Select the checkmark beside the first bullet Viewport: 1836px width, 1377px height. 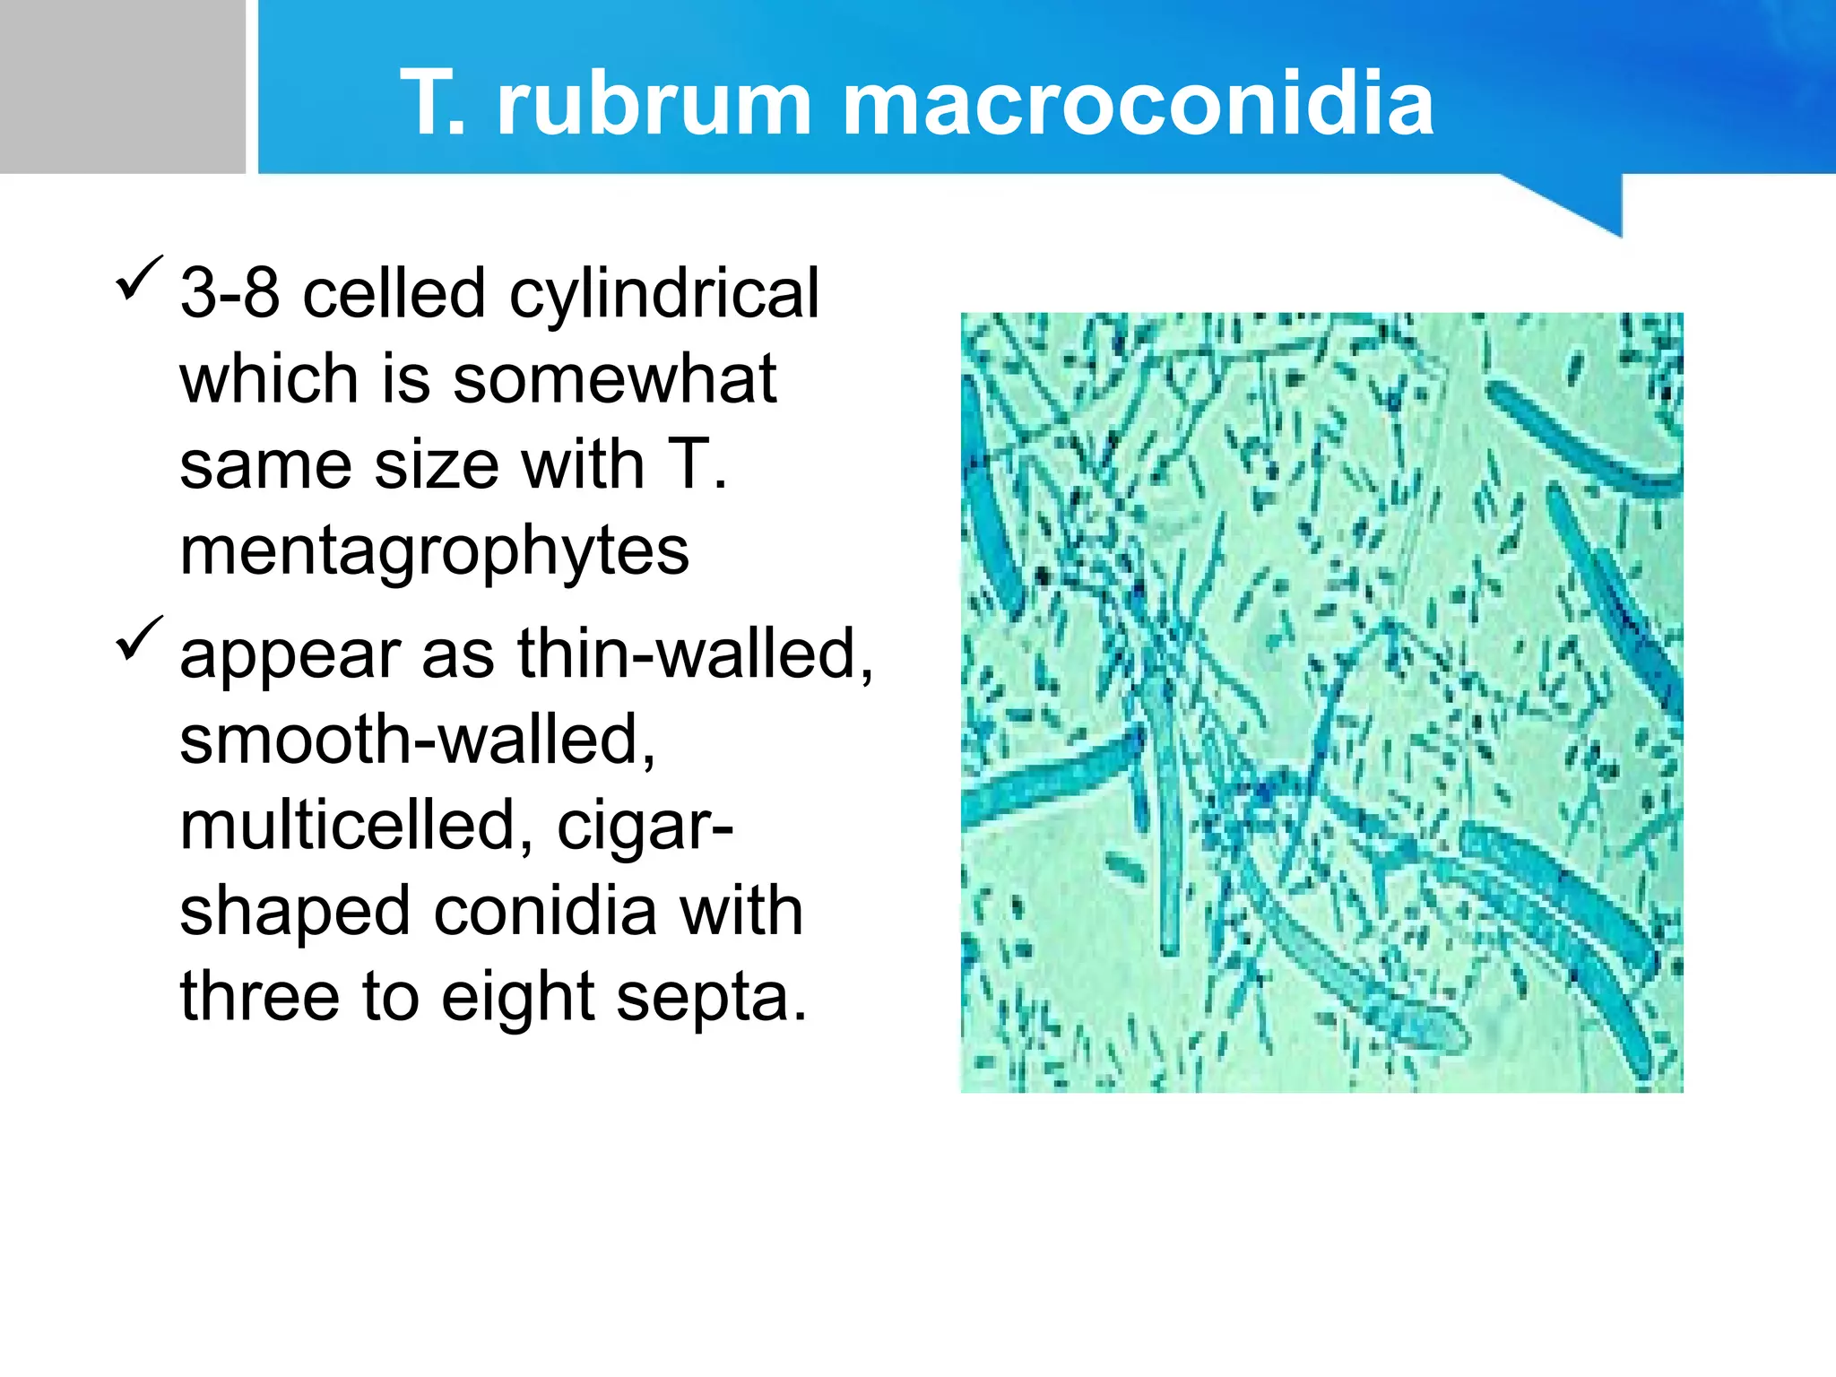139,279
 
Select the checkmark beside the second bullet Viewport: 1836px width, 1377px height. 139,639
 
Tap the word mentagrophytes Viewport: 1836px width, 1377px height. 435,552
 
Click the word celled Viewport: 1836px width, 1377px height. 394,293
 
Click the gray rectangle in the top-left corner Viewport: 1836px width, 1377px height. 122,86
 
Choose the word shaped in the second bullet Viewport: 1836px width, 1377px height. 296,913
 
